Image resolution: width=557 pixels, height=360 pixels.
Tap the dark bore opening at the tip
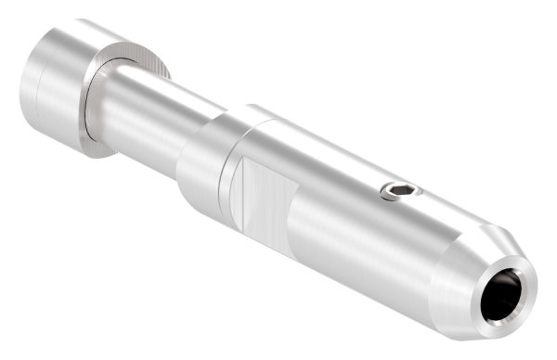(x=506, y=297)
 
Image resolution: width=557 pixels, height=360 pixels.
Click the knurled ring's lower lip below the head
(x=93, y=148)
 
